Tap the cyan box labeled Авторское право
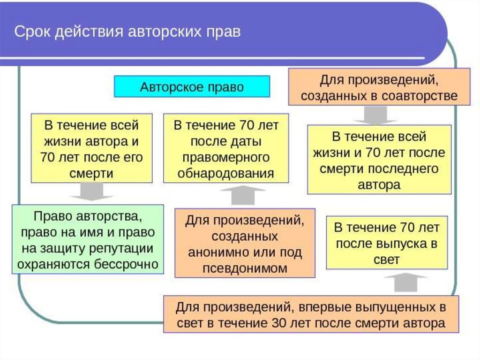tap(192, 87)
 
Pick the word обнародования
tap(225, 173)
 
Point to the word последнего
tap(403, 169)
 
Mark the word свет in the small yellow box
tap(387, 260)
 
